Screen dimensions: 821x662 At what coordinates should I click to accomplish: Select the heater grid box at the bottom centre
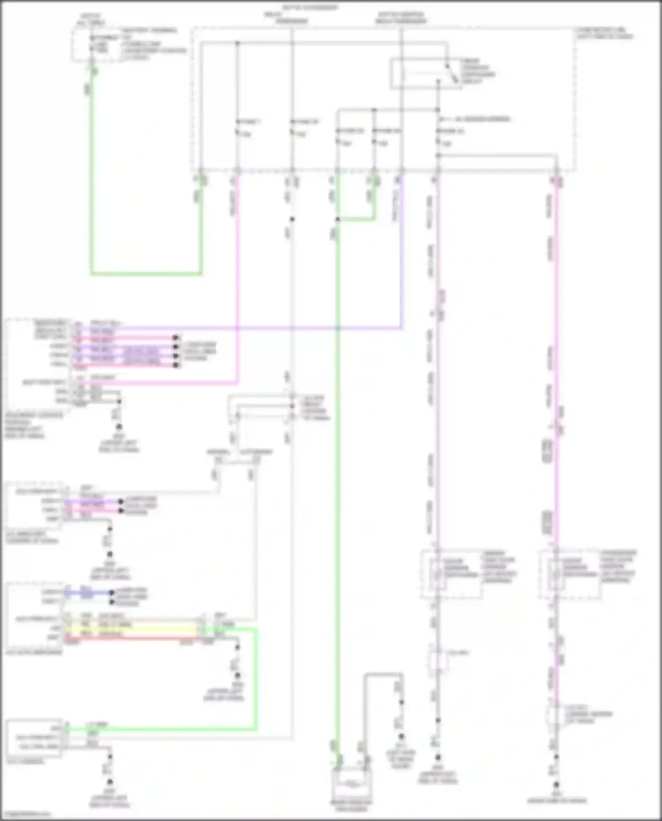(x=351, y=784)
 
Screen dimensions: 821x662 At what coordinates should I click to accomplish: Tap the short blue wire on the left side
(x=88, y=592)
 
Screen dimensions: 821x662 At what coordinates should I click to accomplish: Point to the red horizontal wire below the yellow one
(x=132, y=638)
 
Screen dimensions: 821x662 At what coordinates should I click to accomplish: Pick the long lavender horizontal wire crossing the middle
(x=265, y=328)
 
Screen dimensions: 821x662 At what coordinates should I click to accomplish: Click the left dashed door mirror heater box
(x=451, y=574)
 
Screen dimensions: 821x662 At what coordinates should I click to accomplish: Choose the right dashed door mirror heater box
(x=569, y=574)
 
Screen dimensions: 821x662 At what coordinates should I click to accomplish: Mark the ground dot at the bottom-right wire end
(x=556, y=785)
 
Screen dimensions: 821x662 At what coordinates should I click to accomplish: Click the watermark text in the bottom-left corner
(x=26, y=813)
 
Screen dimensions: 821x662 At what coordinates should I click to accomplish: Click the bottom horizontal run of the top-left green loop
(x=146, y=274)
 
